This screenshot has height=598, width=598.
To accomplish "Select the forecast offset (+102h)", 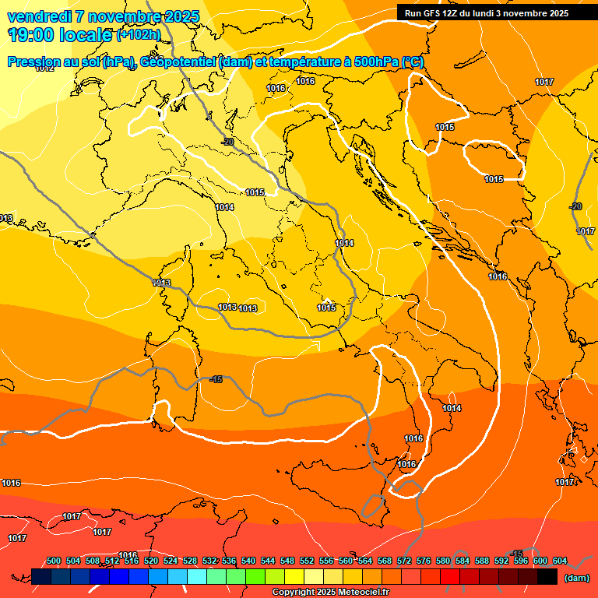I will coord(138,34).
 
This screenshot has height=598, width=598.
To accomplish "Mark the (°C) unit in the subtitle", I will coord(413,62).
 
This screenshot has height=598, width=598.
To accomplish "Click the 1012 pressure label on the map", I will coord(44,69).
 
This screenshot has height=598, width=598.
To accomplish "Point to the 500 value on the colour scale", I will coord(54,561).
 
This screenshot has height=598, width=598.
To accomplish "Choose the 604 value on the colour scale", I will coord(560,561).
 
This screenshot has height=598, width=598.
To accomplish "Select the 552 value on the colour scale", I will coord(307,561).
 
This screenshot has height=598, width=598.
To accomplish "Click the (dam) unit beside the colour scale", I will coord(576,578).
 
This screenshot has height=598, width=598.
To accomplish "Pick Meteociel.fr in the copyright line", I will coord(364,593).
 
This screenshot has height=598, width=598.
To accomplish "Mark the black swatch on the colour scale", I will coord(547,576).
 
